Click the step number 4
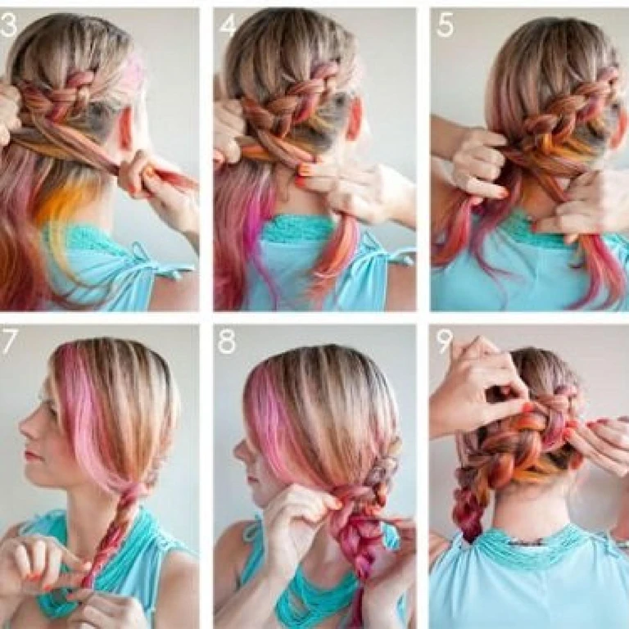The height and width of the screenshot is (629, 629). tap(229, 26)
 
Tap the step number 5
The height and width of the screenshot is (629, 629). tap(446, 25)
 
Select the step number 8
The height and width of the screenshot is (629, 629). tap(227, 342)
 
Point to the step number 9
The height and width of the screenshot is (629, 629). tap(444, 342)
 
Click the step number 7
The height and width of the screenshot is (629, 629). tap(9, 342)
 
